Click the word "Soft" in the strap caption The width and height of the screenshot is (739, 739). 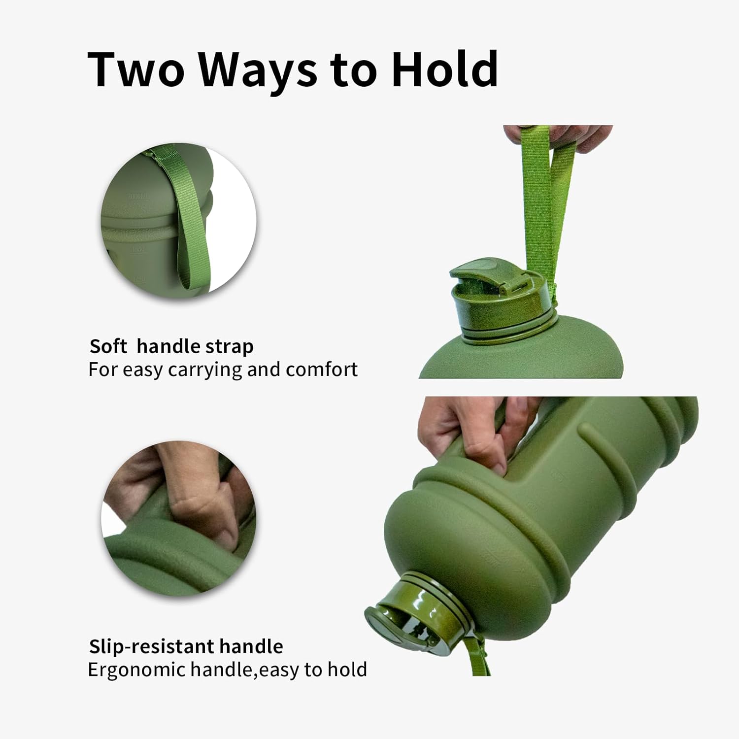[x=108, y=346]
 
